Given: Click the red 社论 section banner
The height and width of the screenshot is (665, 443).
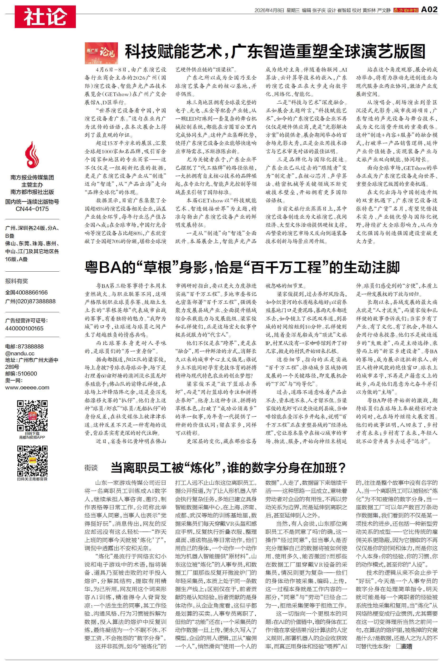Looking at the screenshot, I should [45, 17].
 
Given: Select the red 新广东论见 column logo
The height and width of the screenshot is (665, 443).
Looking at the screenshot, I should [101, 53].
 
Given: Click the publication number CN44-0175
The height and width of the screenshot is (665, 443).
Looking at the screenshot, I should [32, 209].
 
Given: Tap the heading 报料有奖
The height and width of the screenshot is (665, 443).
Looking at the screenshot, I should [17, 281].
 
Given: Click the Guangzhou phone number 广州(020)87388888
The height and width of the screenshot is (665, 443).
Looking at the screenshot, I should [30, 301].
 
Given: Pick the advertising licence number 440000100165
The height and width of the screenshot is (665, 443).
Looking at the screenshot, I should [24, 328].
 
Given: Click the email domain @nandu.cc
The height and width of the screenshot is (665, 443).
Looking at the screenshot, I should [20, 353].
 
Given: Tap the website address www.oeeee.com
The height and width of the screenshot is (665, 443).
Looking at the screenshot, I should [27, 388].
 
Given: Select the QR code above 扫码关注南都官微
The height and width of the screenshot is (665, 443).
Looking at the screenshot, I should [32, 461].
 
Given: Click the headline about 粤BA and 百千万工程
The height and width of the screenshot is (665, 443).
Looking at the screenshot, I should [242, 268].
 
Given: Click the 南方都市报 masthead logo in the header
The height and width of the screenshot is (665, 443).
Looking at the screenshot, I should [406, 10].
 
